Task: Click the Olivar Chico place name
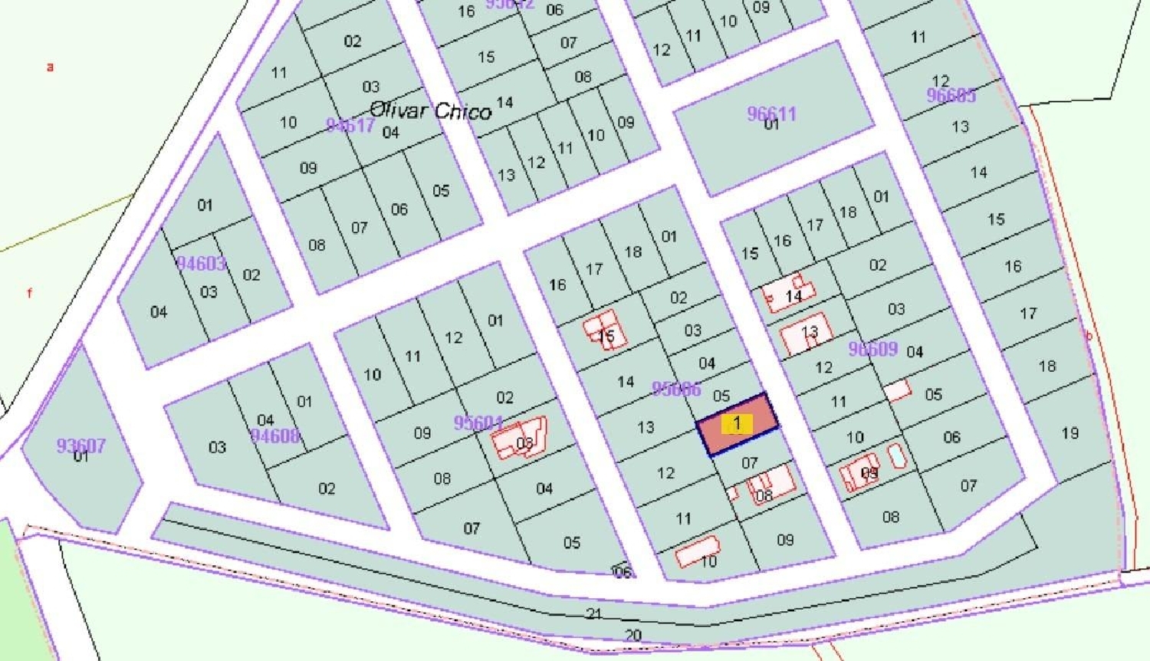[x=430, y=110]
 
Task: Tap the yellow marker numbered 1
[x=737, y=423]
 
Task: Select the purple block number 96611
[x=771, y=113]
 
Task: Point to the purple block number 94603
[x=201, y=264]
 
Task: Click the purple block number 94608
[x=274, y=436]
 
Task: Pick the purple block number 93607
[x=80, y=446]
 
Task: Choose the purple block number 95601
[x=478, y=423]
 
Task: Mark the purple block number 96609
[x=872, y=349]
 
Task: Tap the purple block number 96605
[x=951, y=95]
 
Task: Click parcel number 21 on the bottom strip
[x=594, y=614]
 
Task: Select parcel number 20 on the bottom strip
[x=632, y=635]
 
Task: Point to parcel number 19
[x=1070, y=433]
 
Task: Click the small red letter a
[x=51, y=67]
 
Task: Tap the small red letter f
[x=30, y=293]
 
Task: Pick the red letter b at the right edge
[x=1088, y=336]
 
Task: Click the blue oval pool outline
[x=896, y=456]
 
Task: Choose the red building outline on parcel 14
[x=788, y=294]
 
